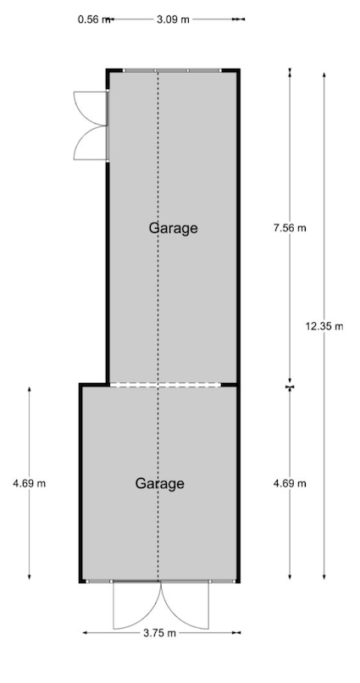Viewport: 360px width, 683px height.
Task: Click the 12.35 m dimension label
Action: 324,325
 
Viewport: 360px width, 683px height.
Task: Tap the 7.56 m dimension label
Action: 290,227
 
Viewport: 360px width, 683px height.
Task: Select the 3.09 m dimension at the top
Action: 174,19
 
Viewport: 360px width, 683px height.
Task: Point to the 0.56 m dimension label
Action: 93,19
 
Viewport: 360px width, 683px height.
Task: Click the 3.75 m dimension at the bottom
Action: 159,633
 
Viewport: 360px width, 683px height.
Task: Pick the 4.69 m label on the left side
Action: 29,483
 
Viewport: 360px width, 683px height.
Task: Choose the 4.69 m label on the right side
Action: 290,483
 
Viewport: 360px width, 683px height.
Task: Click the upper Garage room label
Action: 174,228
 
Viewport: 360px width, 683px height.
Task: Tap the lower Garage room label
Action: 160,484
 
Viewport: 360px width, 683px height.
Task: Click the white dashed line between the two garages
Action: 165,385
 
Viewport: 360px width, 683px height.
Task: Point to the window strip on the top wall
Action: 172,70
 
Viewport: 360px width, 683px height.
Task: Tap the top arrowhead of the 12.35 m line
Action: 324,75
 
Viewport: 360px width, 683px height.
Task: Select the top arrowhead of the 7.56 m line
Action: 290,70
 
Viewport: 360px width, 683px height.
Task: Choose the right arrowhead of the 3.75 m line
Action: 238,633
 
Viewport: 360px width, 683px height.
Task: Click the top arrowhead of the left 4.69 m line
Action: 29,390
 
